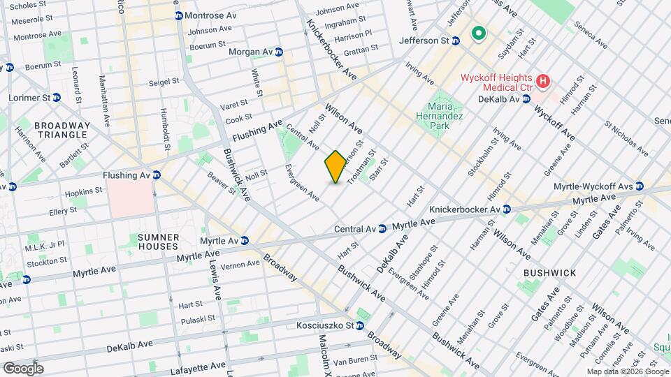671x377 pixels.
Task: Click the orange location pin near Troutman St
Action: [335, 167]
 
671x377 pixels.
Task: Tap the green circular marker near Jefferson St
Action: [479, 33]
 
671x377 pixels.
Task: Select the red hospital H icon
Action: [542, 82]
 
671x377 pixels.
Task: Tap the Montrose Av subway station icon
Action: [179, 15]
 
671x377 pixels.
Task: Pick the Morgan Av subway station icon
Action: [279, 52]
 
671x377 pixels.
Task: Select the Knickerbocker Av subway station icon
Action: [506, 209]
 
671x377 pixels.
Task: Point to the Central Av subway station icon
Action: [382, 228]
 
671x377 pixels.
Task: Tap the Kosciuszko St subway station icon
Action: [360, 325]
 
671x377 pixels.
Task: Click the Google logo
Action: [23, 368]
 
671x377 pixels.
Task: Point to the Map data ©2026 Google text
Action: [627, 371]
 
